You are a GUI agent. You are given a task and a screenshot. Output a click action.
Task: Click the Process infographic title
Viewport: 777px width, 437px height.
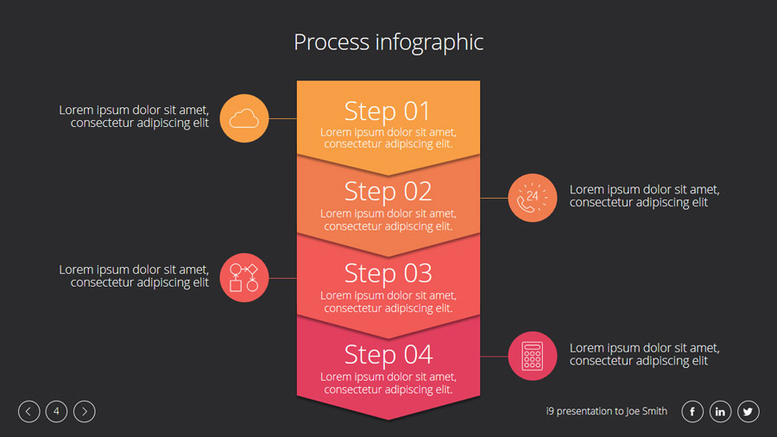(388, 42)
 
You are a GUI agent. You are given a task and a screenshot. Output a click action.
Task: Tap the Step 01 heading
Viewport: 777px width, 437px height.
(388, 111)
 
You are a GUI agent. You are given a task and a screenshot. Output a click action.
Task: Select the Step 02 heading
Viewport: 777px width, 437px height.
(388, 191)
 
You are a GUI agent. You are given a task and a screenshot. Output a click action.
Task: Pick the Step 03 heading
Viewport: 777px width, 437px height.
(388, 273)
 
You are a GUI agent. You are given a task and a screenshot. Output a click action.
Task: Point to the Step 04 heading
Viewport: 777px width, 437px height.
(388, 354)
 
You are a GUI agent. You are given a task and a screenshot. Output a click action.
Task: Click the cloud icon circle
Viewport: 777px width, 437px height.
(244, 118)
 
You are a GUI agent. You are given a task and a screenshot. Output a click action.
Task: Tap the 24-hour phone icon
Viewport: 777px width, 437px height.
(533, 198)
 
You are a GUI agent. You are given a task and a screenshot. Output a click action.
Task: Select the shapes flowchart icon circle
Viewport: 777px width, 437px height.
(244, 277)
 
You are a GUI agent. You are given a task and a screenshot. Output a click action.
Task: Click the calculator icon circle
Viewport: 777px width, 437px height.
(533, 356)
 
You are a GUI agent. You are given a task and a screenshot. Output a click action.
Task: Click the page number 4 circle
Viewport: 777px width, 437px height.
(56, 412)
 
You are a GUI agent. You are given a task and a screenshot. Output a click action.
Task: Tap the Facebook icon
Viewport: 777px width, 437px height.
(692, 412)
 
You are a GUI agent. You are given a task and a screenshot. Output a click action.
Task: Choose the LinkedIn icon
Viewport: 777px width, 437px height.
(721, 412)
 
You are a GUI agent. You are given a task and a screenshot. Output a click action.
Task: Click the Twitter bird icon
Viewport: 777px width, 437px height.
(749, 412)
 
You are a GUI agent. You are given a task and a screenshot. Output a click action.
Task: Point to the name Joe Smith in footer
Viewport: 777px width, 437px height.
(647, 412)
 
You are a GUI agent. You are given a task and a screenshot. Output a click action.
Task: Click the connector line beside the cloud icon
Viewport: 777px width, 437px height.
(282, 118)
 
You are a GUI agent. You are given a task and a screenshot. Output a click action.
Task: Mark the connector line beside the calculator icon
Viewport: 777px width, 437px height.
(494, 356)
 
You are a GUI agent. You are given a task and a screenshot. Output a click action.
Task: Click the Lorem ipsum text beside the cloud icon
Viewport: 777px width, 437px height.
(134, 117)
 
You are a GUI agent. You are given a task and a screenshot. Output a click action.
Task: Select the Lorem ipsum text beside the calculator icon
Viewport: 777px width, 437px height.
(644, 354)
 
